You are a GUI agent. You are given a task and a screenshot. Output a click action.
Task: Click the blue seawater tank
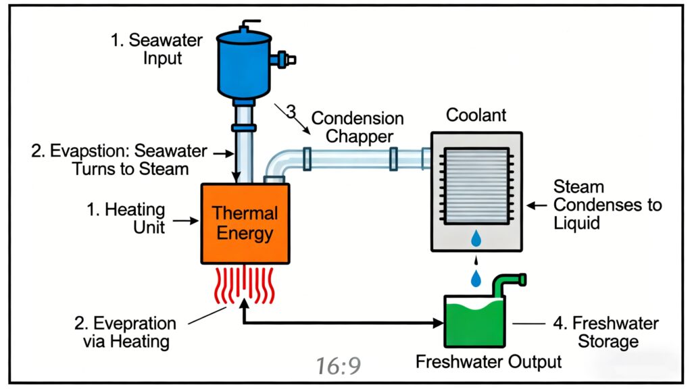(x=245, y=64)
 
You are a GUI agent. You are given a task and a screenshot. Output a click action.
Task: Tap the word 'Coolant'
(x=476, y=115)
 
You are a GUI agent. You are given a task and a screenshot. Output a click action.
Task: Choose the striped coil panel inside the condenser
(x=476, y=182)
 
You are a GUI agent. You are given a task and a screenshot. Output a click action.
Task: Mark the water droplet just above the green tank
(x=477, y=278)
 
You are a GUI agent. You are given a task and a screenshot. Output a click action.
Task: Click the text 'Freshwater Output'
(x=489, y=361)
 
